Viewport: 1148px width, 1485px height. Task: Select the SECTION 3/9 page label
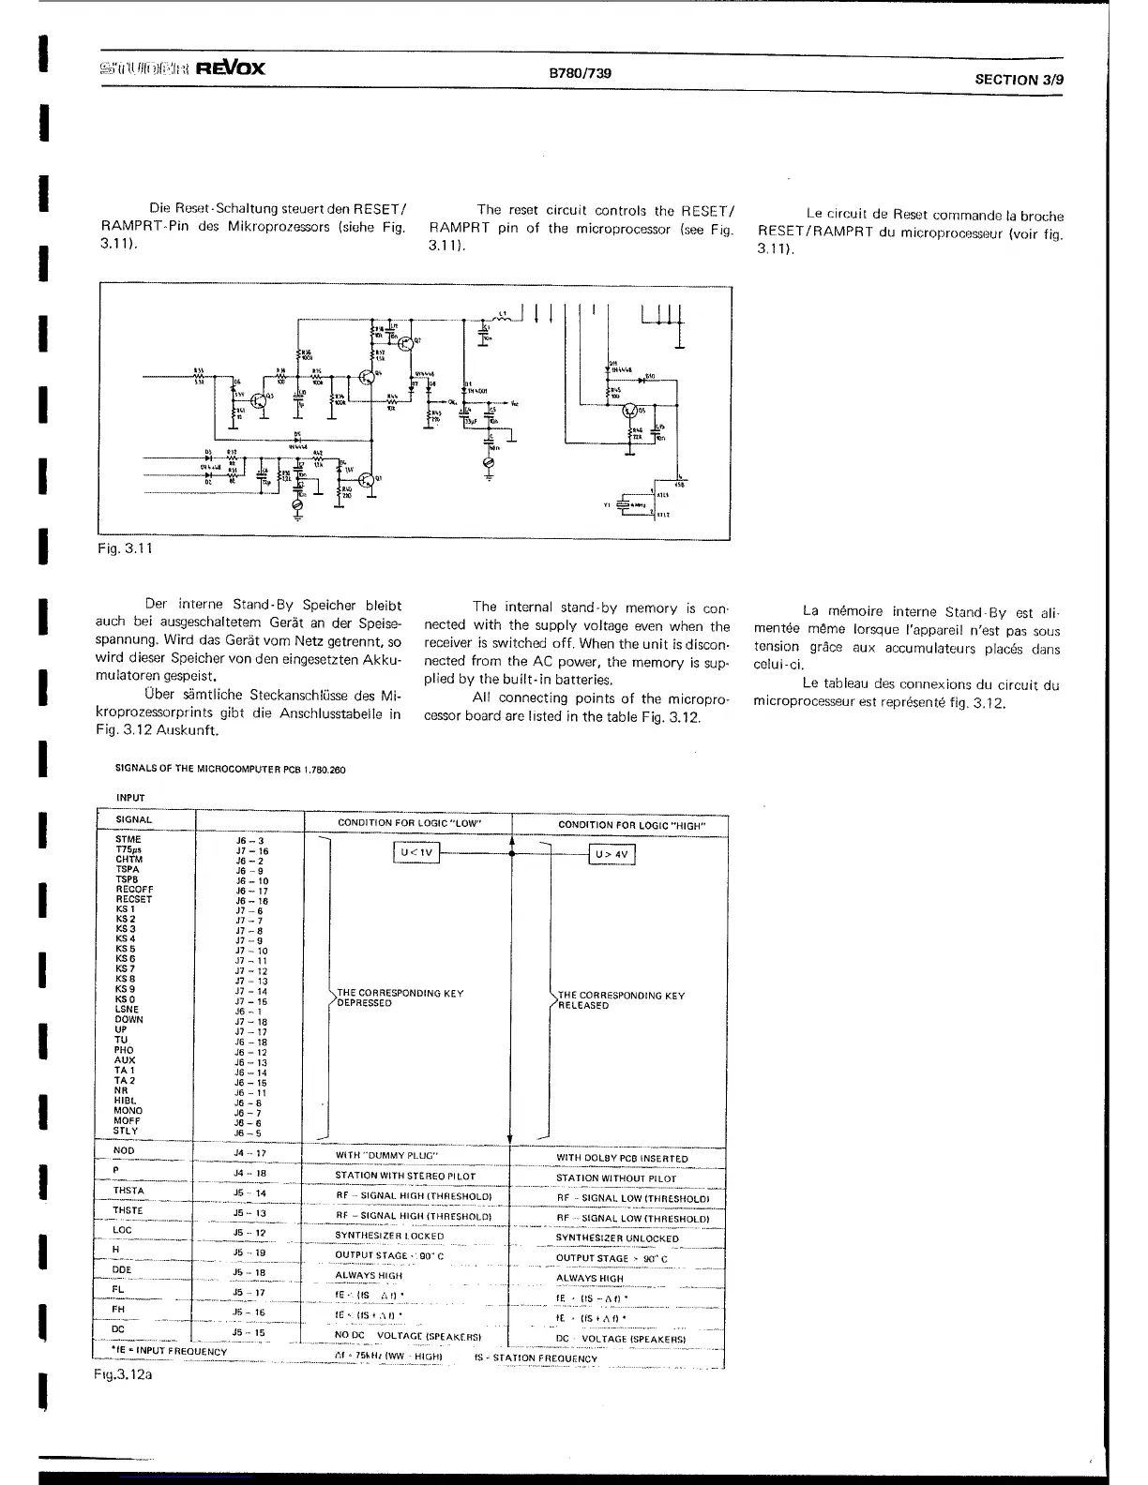[1020, 80]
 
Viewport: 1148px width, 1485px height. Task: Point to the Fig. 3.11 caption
[125, 548]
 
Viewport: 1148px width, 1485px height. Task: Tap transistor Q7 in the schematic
[406, 342]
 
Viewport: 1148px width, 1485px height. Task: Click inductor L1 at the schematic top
[503, 317]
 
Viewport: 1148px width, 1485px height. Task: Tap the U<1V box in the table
[415, 853]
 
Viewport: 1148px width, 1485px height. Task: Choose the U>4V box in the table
[612, 855]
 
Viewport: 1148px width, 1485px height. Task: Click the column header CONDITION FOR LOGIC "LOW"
[409, 823]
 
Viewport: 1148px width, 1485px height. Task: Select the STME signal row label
[128, 840]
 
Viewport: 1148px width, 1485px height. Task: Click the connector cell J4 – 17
[250, 1154]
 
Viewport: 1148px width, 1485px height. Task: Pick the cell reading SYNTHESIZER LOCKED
[389, 1236]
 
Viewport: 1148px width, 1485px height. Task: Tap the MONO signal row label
[128, 1111]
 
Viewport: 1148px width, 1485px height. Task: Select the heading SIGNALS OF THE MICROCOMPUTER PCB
[230, 770]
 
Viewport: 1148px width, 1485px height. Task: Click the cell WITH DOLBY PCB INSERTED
[622, 1159]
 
